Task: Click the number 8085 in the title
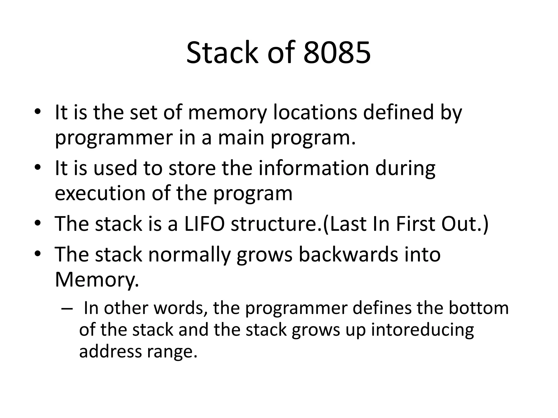tap(337, 53)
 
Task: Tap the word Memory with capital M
tap(97, 280)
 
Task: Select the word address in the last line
tap(110, 351)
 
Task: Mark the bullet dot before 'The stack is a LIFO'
tap(38, 224)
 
